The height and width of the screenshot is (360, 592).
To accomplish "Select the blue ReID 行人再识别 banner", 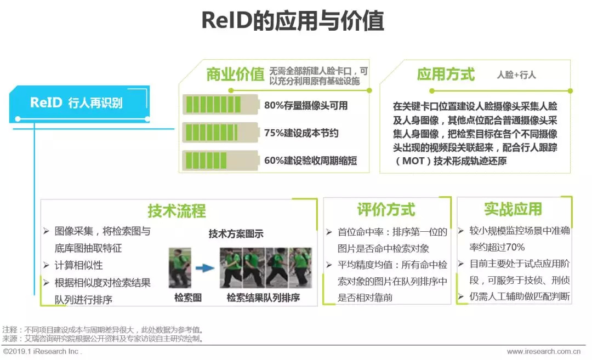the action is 79,104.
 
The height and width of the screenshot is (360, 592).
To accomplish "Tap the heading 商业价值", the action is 235,75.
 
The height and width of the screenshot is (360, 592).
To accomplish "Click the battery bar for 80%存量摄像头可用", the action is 220,105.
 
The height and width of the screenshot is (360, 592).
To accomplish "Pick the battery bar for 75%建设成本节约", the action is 220,133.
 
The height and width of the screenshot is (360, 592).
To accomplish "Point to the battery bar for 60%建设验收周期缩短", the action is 220,161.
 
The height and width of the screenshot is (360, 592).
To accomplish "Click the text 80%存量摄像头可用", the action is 306,105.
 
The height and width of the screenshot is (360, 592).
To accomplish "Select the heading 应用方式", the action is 446,75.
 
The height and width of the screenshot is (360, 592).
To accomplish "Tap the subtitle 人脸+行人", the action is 516,75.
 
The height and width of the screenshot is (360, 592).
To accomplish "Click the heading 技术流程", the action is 177,211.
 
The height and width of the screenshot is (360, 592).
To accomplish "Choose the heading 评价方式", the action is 386,210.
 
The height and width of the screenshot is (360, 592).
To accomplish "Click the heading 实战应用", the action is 513,209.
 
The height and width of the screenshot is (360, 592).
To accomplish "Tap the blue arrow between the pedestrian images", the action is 205,268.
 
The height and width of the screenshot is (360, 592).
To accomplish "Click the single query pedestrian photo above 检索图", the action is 180,267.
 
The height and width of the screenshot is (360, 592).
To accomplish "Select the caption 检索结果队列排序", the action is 263,298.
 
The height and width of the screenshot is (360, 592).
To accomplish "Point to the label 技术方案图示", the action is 236,234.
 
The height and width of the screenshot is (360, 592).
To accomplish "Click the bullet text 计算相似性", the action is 78,265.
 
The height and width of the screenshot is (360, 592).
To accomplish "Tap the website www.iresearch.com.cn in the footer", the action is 544,351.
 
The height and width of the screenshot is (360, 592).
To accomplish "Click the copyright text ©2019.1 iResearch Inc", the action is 42,351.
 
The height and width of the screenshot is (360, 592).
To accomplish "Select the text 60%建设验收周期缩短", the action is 310,161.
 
